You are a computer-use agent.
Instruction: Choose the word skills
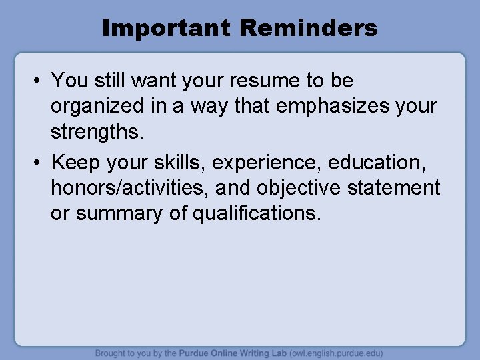[181, 162]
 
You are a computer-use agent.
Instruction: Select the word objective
[301, 188]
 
